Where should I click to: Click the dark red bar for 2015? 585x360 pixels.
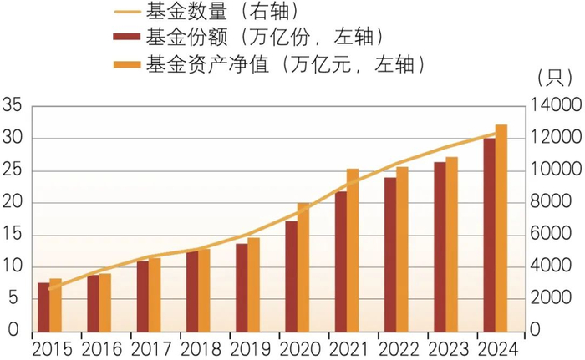click(x=43, y=307)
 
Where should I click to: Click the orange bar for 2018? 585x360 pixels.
click(x=204, y=291)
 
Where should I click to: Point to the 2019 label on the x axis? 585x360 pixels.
click(x=247, y=347)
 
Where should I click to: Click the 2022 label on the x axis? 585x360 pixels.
click(x=395, y=347)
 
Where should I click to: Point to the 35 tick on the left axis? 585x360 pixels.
click(x=13, y=106)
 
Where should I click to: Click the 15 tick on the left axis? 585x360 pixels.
click(x=13, y=235)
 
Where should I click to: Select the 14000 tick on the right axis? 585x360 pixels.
click(x=552, y=106)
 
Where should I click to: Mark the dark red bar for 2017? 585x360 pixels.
click(x=142, y=296)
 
